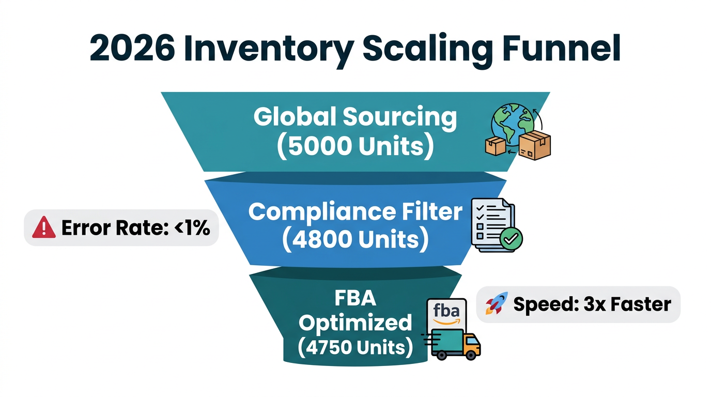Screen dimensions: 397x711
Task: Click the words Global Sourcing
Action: [355, 117]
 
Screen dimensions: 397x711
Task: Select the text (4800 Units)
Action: [355, 240]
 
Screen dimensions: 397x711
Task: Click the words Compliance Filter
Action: [355, 212]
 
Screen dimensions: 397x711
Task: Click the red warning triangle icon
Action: [44, 227]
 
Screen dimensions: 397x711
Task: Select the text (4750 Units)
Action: [355, 347]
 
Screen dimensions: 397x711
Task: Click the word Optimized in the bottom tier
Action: [355, 323]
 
